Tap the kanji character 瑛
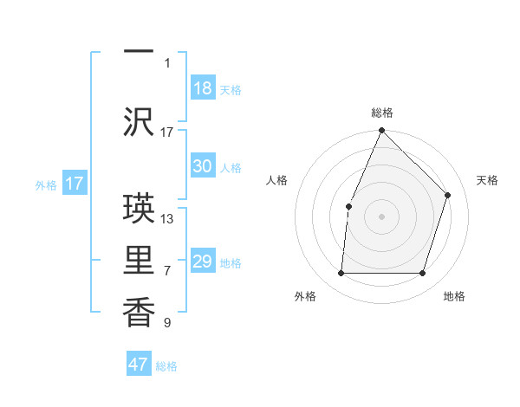coord(139,208)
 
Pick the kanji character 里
coord(139,260)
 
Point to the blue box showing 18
coord(203,88)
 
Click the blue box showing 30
coord(203,166)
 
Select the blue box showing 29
coord(203,262)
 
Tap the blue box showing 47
coord(139,365)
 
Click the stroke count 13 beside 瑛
coord(167,218)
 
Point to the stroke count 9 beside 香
coord(167,323)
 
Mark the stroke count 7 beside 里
coord(167,271)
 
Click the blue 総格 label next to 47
coord(166,366)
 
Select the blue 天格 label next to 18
coord(231,90)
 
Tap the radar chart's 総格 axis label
coord(382,113)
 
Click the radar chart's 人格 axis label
coord(277,180)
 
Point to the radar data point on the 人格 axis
coord(348,206)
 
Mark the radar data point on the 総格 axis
coord(381,131)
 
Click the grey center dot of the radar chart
coord(381,216)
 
